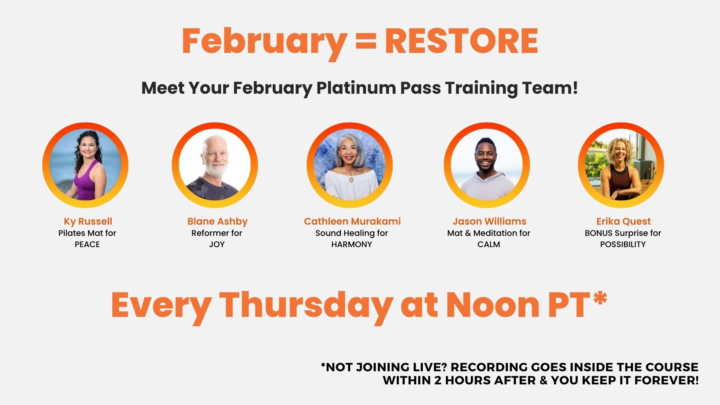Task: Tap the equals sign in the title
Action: [x=365, y=41]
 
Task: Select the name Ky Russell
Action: [x=88, y=222]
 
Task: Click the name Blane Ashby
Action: [x=217, y=222]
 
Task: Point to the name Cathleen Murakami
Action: [x=352, y=221]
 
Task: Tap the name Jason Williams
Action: [x=489, y=221]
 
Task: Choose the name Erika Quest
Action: [x=624, y=221]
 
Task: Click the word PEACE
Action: [x=87, y=244]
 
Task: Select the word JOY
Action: [x=217, y=244]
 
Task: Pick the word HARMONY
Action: [x=352, y=244]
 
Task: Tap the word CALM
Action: [x=489, y=244]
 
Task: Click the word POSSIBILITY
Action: [x=623, y=244]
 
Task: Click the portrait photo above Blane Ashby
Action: [x=215, y=165]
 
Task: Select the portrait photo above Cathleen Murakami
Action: [x=349, y=165]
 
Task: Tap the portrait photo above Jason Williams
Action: [x=487, y=165]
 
